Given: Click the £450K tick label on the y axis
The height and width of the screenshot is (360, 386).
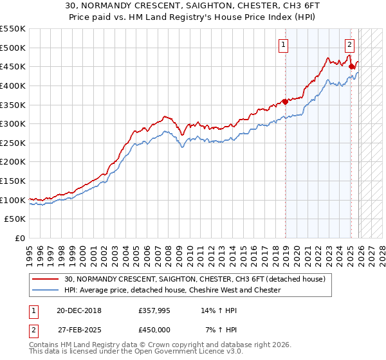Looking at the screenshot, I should point(13,66).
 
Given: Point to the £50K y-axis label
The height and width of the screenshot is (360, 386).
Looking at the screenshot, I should point(15,219).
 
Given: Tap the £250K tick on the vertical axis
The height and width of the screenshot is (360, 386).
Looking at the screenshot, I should point(13,143).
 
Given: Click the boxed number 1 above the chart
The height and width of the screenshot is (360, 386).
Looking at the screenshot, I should point(284,44).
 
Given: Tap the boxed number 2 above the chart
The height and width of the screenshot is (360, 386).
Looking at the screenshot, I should point(349,44).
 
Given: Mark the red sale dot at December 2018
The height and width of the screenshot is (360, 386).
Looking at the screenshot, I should point(285,101).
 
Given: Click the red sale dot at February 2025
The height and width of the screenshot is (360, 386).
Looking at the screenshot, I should point(351,66).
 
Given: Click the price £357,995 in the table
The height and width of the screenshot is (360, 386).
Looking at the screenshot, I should point(155,310).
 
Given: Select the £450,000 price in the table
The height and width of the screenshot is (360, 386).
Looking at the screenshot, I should point(155,329).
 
